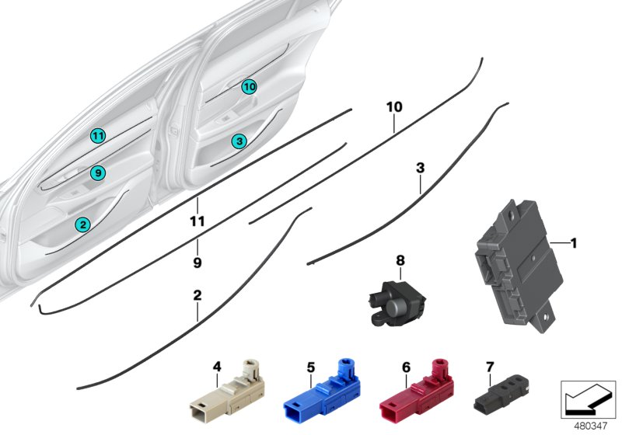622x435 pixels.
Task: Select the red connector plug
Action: pyautogui.click(x=413, y=389)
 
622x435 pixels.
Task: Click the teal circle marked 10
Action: pyautogui.click(x=248, y=87)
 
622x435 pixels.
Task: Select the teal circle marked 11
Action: pyautogui.click(x=96, y=136)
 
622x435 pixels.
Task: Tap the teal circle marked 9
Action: pyautogui.click(x=96, y=173)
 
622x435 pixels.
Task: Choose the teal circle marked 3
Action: pyautogui.click(x=239, y=141)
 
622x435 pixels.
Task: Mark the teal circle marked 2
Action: pyautogui.click(x=82, y=224)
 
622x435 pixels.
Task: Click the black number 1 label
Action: pyautogui.click(x=574, y=244)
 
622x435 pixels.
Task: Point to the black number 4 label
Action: pyautogui.click(x=217, y=365)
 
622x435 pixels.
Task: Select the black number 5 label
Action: pyautogui.click(x=310, y=366)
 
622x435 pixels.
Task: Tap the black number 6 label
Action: pyautogui.click(x=405, y=366)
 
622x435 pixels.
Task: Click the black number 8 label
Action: pyautogui.click(x=400, y=261)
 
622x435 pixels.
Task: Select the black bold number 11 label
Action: pyautogui.click(x=197, y=221)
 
